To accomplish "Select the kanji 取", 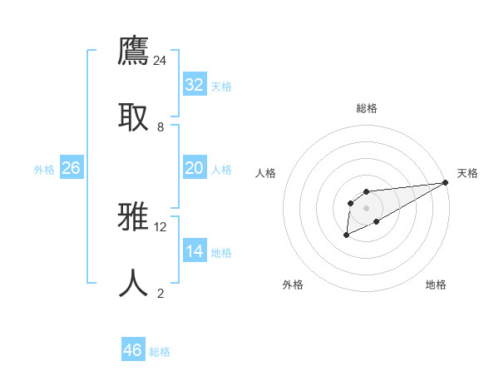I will coord(134,118).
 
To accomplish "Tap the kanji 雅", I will coord(134,219).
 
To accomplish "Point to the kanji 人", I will coord(134,284).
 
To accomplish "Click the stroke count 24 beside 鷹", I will coord(161,61).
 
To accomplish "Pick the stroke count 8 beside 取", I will coord(161,126).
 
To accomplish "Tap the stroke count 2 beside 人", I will coord(161,293).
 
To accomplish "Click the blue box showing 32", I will coord(195,85).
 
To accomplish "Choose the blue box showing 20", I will coord(195,168).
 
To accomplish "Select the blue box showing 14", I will coord(195,251).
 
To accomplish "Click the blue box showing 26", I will coord(71,168).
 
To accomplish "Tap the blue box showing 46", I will coord(133,350).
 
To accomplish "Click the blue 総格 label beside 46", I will coord(160,352).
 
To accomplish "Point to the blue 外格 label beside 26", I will coord(44,170).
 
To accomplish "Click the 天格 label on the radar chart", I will coord(467,173).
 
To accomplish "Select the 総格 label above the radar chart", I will coord(367,108).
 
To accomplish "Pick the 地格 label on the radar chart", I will coord(436,285).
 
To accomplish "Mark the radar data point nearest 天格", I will coord(445,182).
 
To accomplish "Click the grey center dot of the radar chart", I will coord(366,207).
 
